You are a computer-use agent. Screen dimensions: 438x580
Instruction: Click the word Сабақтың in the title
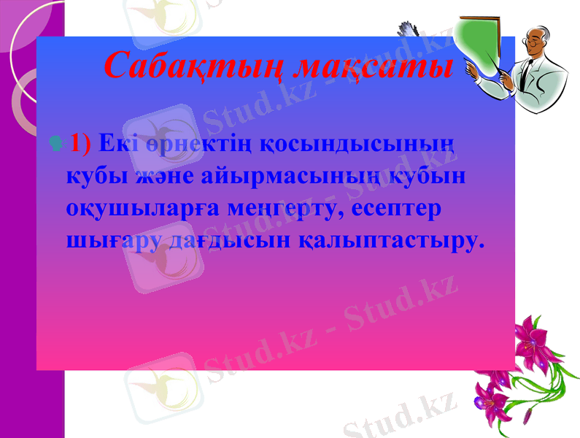(193, 66)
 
